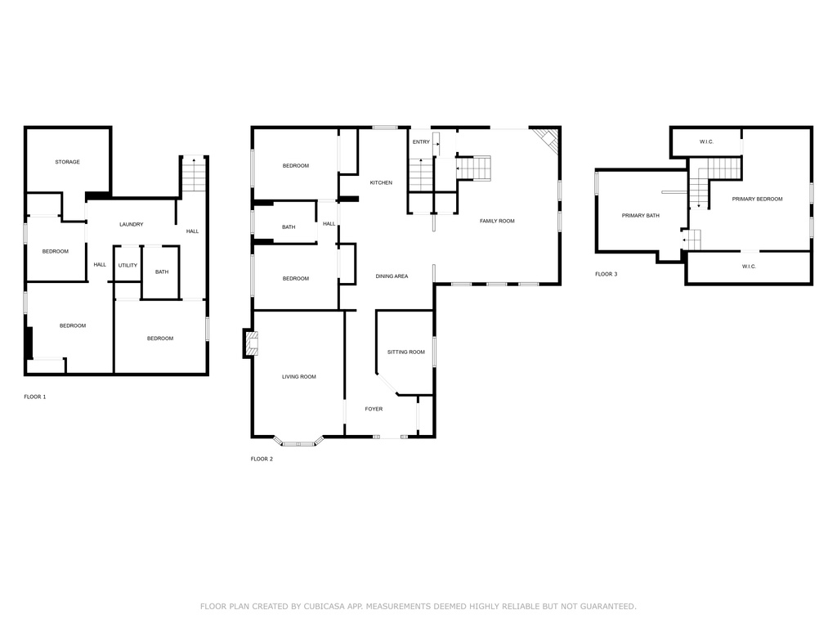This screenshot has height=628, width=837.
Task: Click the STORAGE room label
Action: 67,162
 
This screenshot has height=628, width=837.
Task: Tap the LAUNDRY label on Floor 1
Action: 132,224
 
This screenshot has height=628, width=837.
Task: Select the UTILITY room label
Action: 128,266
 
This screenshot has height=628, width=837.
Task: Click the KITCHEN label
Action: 381,182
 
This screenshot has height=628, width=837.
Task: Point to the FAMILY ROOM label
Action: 497,221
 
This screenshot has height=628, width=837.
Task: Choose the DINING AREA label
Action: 392,276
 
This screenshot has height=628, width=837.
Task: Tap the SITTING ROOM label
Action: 406,352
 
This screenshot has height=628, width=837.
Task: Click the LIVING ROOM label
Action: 299,376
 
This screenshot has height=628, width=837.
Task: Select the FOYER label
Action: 374,409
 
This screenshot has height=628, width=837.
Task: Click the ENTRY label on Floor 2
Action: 421,142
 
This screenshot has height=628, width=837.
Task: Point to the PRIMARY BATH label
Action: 641,216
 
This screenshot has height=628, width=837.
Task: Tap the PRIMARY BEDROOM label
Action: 757,200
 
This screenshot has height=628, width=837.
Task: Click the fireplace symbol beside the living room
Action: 251,343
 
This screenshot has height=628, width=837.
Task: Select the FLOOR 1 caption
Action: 35,397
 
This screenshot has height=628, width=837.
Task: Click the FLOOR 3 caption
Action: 606,274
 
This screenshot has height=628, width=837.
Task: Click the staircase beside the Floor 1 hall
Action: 194,175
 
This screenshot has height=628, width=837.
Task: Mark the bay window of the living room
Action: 299,442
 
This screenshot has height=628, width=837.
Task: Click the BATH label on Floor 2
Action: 289,227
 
